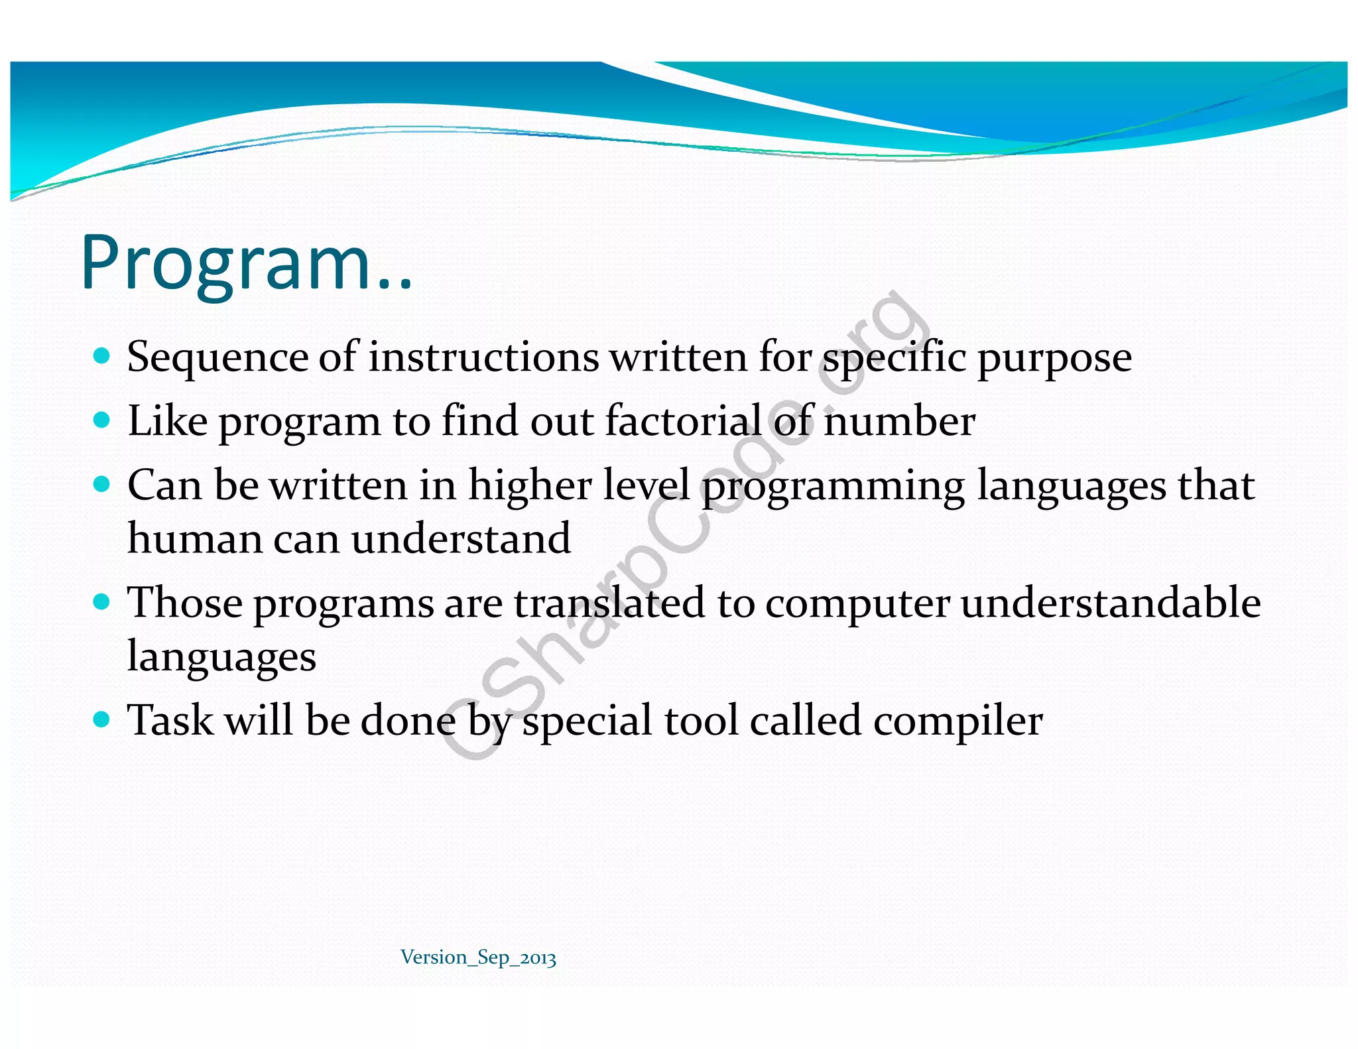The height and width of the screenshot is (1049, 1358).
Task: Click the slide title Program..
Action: coord(245,264)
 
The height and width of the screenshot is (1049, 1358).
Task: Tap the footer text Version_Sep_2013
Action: coord(478,957)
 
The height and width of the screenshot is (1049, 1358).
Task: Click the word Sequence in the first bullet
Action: coord(217,358)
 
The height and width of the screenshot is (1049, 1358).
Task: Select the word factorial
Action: coord(683,421)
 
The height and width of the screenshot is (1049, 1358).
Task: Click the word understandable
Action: coord(1111,603)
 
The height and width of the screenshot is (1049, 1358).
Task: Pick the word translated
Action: coord(609,603)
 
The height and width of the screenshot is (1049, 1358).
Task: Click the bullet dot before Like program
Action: coord(101,420)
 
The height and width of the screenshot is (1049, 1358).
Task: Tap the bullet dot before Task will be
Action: coord(101,719)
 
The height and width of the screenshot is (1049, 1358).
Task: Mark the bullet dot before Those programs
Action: coord(101,602)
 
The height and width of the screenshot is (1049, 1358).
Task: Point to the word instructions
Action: coord(483,358)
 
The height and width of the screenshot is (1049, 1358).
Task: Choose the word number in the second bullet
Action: coord(898,422)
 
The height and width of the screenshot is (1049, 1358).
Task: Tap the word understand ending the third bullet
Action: coord(461,538)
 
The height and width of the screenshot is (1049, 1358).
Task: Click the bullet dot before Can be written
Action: coord(101,484)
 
